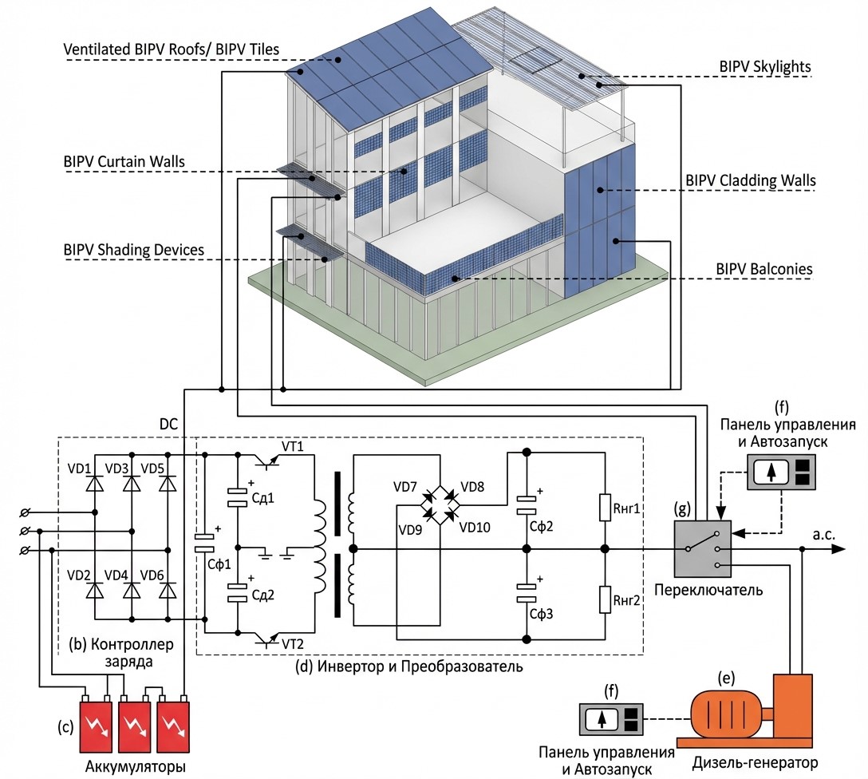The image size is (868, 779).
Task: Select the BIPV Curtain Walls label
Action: (x=124, y=162)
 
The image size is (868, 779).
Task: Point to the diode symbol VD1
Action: (x=95, y=484)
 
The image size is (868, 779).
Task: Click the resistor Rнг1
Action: (x=605, y=508)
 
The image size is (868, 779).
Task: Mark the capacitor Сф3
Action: (x=527, y=594)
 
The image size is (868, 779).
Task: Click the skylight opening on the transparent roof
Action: (x=535, y=61)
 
